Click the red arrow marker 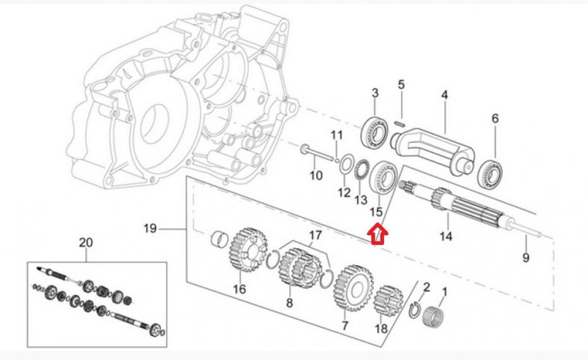pos(377,233)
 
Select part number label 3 pos(375,93)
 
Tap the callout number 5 pos(401,84)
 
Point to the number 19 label pos(151,229)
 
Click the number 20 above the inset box pos(86,243)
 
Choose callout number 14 pos(445,236)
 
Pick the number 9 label pos(526,258)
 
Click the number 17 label pos(315,234)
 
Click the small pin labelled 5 pos(401,121)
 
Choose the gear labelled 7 pos(353,286)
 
